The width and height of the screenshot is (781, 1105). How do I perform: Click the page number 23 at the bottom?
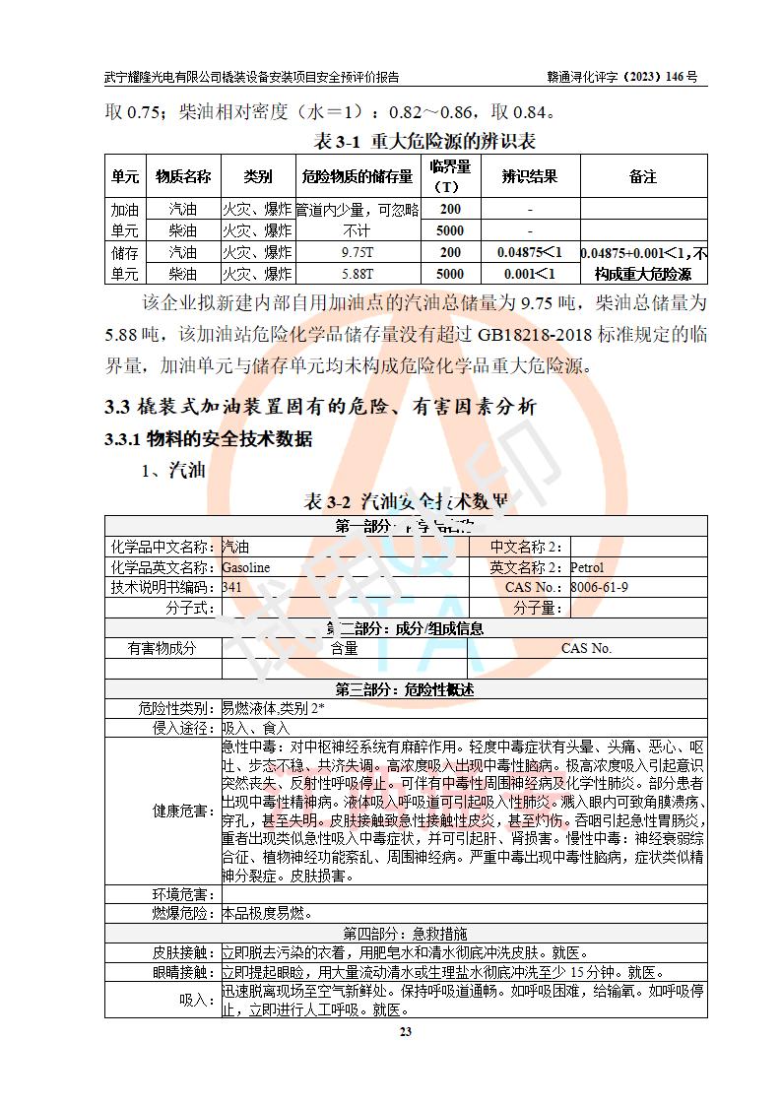[405, 1032]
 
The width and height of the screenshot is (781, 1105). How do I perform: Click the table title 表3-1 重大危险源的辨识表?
[424, 142]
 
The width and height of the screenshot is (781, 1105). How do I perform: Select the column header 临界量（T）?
[450, 176]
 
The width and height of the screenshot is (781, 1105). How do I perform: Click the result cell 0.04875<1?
[529, 252]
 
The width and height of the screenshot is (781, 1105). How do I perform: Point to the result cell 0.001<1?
[529, 273]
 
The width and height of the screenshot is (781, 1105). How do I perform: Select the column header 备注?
[642, 176]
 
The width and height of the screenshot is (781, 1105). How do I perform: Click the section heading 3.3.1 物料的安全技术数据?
[209, 439]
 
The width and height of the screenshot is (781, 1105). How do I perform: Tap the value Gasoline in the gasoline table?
[245, 567]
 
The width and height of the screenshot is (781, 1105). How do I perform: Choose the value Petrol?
[587, 567]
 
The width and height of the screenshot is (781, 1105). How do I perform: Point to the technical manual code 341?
[231, 587]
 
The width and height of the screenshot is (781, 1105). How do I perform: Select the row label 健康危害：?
[183, 812]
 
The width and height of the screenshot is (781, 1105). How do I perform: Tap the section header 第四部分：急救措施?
[405, 933]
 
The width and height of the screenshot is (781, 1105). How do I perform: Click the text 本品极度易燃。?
[267, 913]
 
